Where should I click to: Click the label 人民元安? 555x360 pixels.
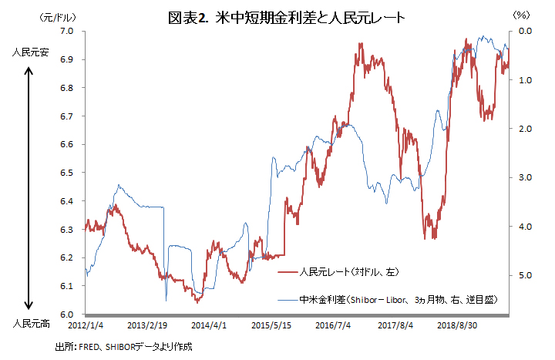tap(29, 54)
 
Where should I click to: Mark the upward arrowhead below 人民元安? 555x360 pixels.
tap(29, 71)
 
